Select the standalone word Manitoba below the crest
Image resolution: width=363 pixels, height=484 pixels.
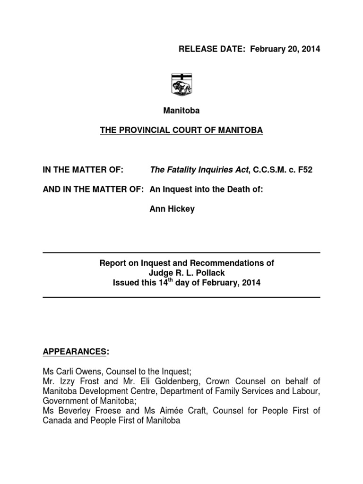click(x=181, y=111)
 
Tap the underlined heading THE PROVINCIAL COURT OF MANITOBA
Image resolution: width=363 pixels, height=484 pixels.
click(x=181, y=130)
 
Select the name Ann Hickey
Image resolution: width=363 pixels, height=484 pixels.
click(x=172, y=209)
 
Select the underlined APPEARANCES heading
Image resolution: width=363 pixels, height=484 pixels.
click(x=74, y=352)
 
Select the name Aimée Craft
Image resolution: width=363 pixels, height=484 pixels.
click(x=185, y=411)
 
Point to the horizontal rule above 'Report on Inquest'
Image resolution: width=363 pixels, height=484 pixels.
click(x=181, y=253)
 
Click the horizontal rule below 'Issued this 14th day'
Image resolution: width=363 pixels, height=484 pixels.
click(x=181, y=297)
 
